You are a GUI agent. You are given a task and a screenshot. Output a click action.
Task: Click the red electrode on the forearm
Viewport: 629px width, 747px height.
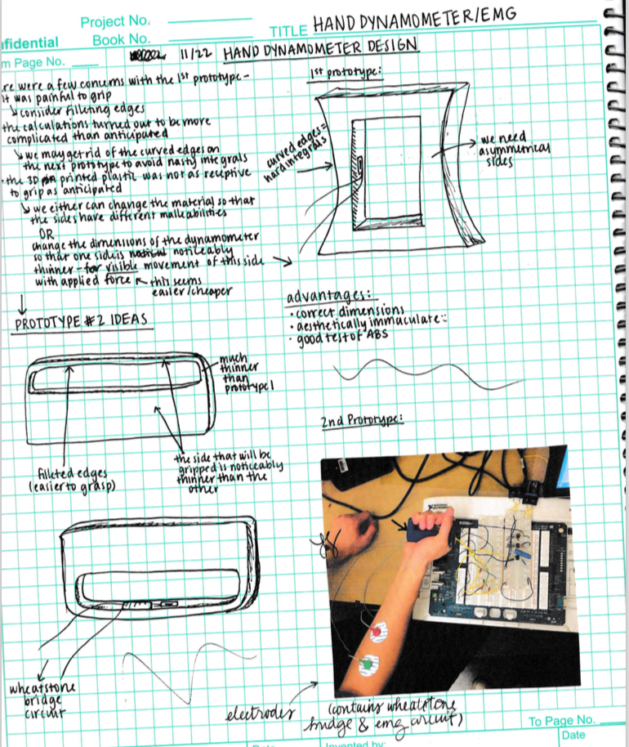tap(377, 631)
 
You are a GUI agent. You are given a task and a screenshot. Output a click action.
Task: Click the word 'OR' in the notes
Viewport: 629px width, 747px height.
tap(47, 230)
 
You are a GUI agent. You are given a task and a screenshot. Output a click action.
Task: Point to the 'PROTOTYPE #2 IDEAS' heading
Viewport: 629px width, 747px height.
tap(81, 320)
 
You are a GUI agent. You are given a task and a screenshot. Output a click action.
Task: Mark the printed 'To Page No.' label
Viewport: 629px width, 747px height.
tap(562, 720)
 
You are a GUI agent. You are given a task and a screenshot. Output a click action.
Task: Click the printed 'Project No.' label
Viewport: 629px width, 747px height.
tap(115, 20)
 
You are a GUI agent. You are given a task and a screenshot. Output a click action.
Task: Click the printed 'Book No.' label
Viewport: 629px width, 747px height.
tap(121, 38)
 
